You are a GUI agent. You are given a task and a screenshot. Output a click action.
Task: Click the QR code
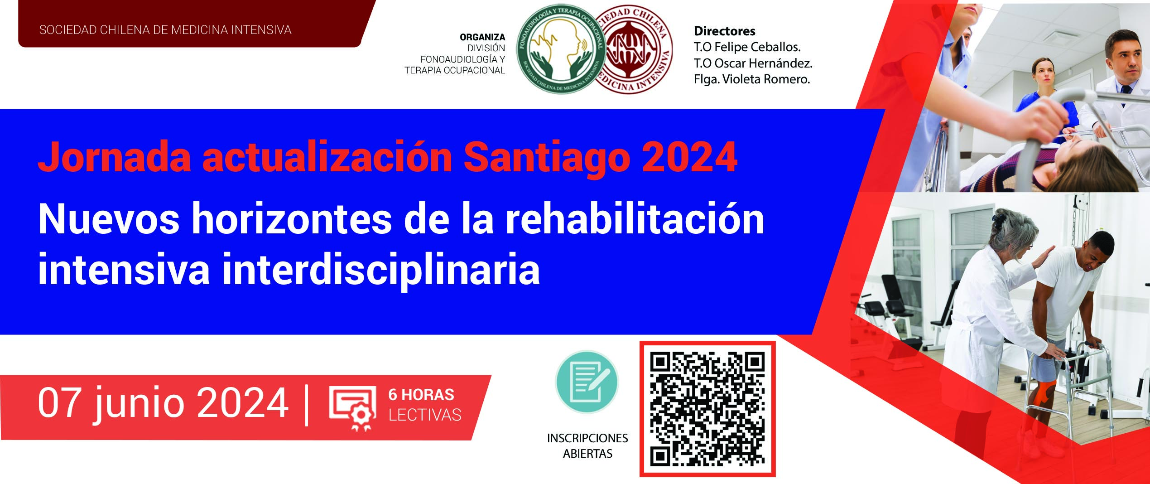(707, 409)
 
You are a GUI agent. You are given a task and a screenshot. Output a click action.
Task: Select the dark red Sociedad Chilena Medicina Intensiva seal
(634, 50)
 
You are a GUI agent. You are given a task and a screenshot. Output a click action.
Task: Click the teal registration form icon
(587, 382)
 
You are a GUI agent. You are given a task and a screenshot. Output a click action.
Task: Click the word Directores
(725, 31)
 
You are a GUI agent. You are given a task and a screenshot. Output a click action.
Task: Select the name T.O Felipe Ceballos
(747, 47)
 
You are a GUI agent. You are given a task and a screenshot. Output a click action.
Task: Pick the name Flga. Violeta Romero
(752, 79)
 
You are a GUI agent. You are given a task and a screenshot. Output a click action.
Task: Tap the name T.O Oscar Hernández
(753, 63)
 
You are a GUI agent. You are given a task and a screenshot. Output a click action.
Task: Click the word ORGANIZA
(482, 37)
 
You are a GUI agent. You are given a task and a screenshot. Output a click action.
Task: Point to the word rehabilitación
(635, 219)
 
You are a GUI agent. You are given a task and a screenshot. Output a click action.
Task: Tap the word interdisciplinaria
(381, 270)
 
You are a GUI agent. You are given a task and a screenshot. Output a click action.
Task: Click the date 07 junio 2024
(163, 403)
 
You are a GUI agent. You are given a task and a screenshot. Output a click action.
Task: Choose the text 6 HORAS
(421, 395)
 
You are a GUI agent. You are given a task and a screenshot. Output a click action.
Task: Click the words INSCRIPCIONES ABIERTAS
(587, 446)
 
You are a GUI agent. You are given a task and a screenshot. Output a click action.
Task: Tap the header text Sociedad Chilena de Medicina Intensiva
(165, 30)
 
